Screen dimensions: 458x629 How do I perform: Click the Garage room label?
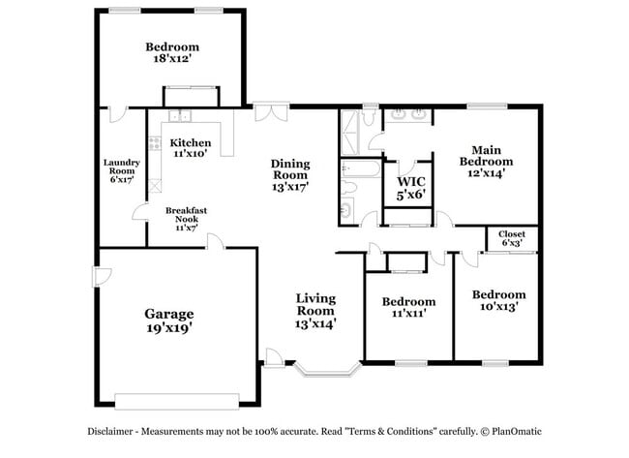coord(168,314)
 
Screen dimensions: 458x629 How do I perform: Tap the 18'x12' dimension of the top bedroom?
coord(172,60)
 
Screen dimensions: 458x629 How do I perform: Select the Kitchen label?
coord(191,142)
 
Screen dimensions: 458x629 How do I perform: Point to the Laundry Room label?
coord(122,169)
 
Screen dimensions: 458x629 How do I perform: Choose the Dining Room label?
coord(289,175)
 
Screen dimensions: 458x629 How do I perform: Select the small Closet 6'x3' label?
coord(511,239)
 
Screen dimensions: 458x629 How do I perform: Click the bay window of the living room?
coord(327,369)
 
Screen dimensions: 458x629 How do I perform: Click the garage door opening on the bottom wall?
coord(176,399)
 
